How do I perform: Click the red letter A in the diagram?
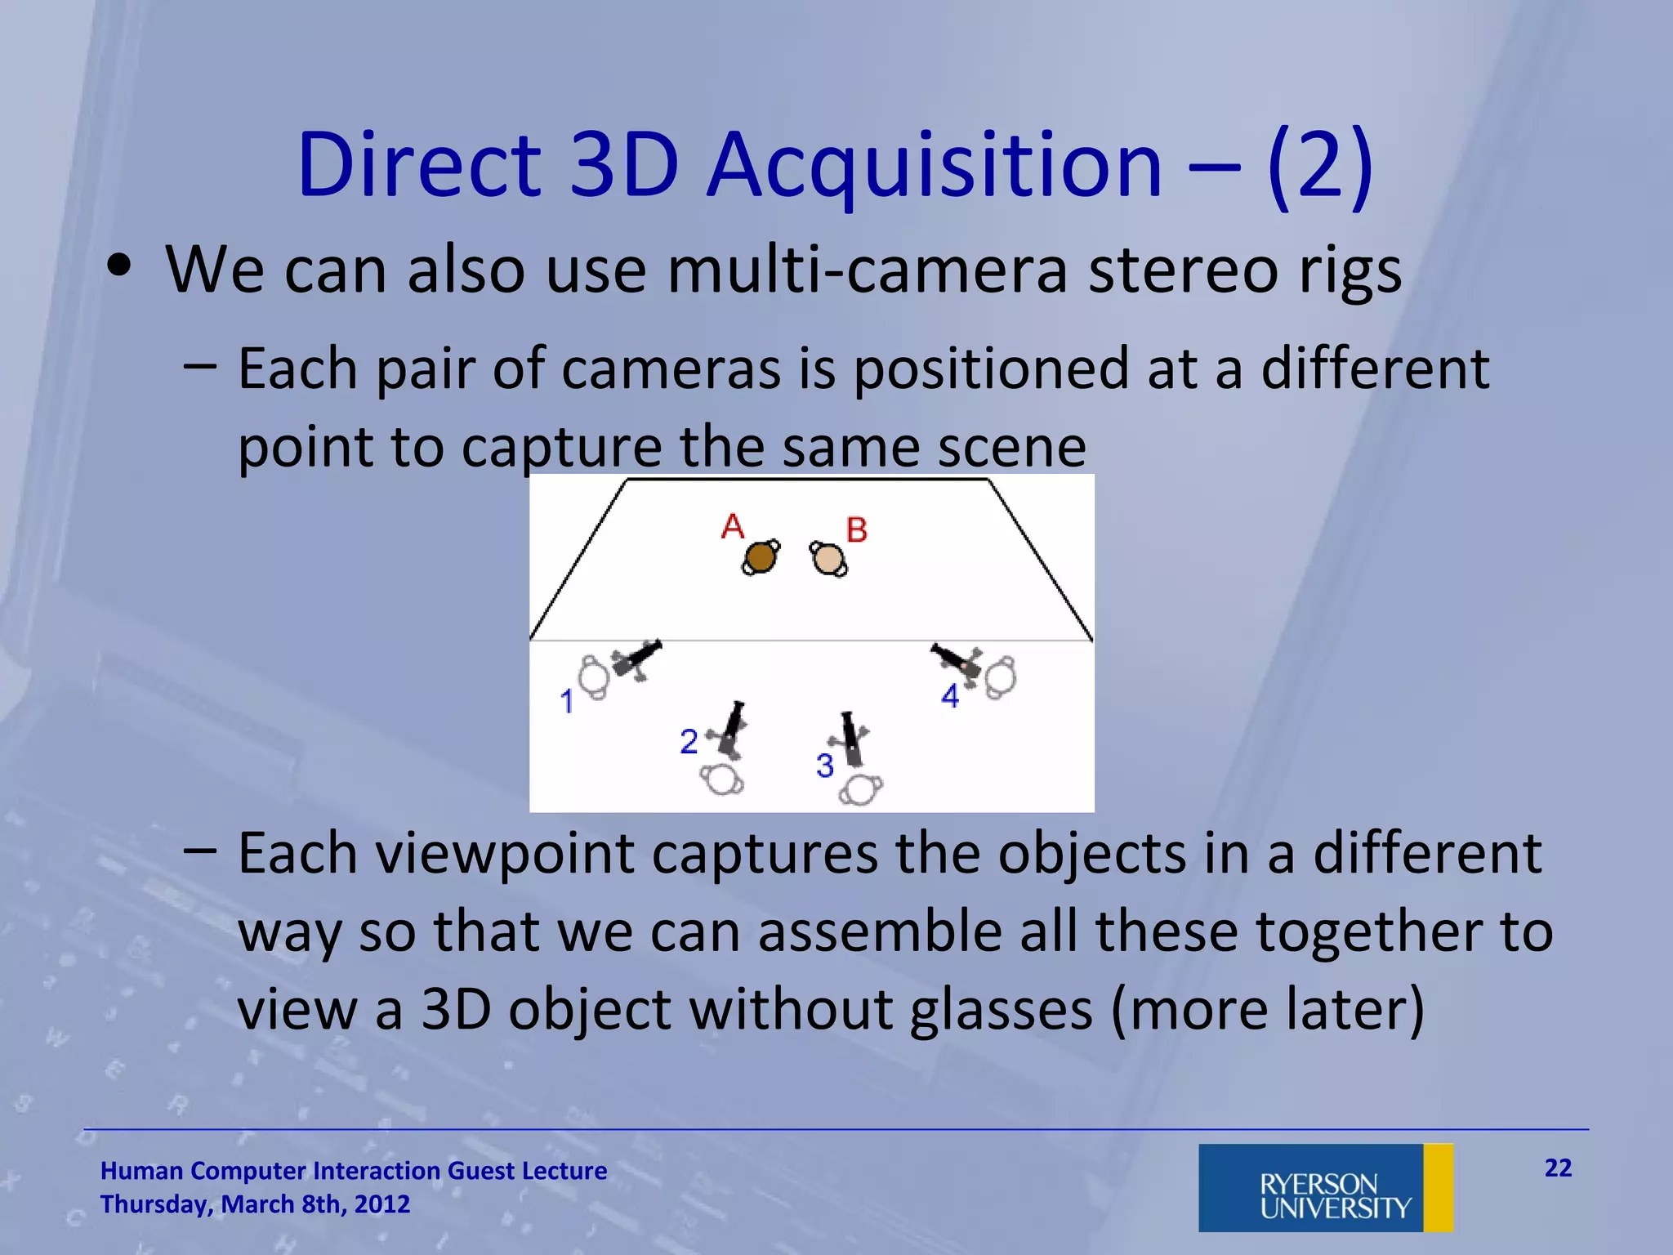(733, 526)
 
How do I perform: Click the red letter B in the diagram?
(856, 530)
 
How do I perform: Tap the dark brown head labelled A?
(761, 557)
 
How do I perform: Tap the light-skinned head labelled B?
(828, 559)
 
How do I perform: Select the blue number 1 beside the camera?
(566, 702)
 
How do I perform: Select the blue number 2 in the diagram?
(689, 742)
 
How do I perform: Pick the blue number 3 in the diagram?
(824, 766)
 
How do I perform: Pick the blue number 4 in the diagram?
(949, 696)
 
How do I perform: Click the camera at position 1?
(636, 659)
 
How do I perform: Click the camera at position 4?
(957, 660)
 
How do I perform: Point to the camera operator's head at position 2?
(722, 779)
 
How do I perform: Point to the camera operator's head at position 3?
(861, 790)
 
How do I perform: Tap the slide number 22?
(1558, 1168)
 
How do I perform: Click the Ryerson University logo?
(1325, 1188)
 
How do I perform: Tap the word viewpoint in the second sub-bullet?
(504, 855)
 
